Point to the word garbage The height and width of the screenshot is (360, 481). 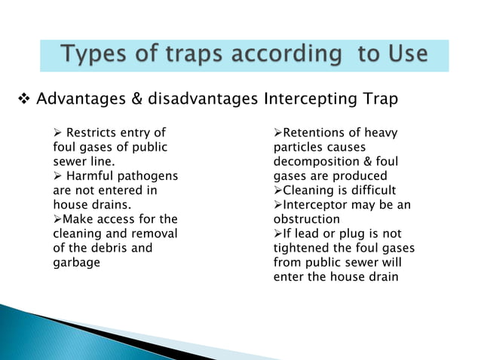(x=76, y=262)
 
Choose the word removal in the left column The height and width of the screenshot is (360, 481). (x=155, y=233)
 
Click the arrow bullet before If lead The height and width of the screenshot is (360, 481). (x=277, y=233)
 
